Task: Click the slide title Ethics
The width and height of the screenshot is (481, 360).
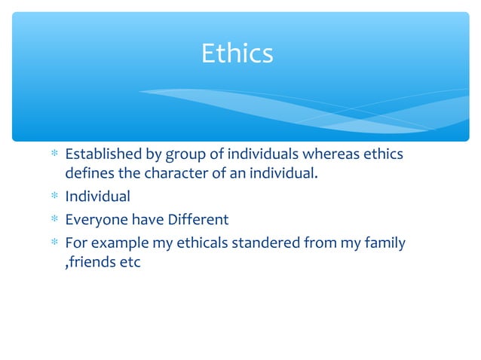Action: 237,53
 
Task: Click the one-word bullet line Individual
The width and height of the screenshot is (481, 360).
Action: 97,197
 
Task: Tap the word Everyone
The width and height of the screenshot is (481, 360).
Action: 95,220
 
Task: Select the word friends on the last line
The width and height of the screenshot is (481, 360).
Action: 93,264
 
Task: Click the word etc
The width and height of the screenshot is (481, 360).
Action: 130,264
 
